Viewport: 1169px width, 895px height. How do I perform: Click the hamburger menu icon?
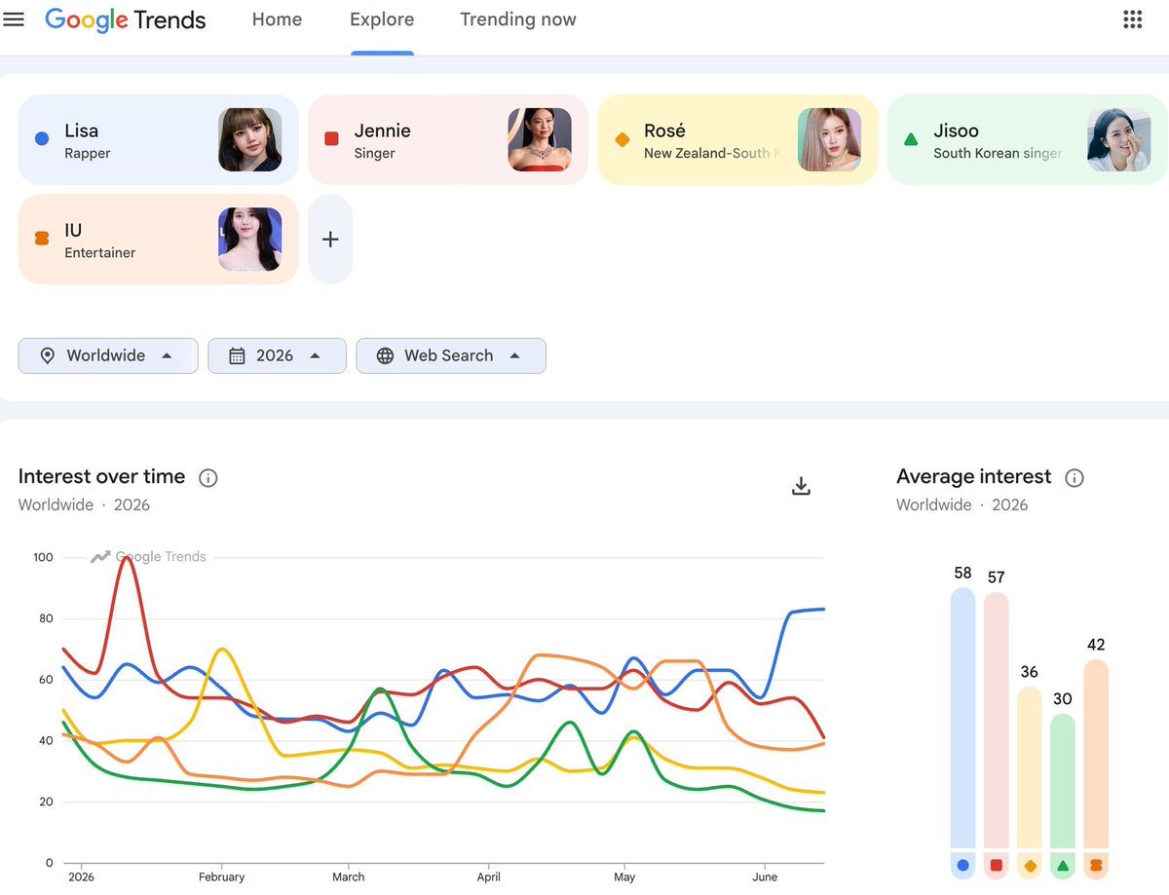[14, 19]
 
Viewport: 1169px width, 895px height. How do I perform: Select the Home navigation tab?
[277, 19]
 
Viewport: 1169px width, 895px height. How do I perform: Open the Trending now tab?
[517, 19]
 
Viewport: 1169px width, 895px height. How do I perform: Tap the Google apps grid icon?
[1132, 19]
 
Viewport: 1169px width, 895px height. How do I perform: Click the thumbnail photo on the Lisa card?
[249, 140]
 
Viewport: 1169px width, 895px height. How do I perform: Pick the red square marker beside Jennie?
[331, 139]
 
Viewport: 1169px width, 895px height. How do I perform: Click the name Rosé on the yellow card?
[664, 131]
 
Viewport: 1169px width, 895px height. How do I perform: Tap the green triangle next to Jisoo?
[911, 140]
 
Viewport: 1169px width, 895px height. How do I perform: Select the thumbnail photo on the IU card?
[249, 240]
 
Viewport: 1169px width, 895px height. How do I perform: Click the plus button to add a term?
[330, 240]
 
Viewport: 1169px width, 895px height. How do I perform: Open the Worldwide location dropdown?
[108, 355]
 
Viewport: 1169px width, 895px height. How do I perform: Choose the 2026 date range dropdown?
[277, 355]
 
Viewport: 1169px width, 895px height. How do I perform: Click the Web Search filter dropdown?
[451, 355]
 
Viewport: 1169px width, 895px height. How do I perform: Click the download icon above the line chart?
[801, 485]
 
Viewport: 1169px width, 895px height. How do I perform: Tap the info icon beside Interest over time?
[208, 478]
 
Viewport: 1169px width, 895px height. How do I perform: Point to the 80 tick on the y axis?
[46, 618]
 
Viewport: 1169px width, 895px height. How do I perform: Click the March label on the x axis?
[348, 876]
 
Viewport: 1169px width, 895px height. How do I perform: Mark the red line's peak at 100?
[126, 558]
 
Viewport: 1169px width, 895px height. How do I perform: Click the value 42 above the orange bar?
[1096, 645]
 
